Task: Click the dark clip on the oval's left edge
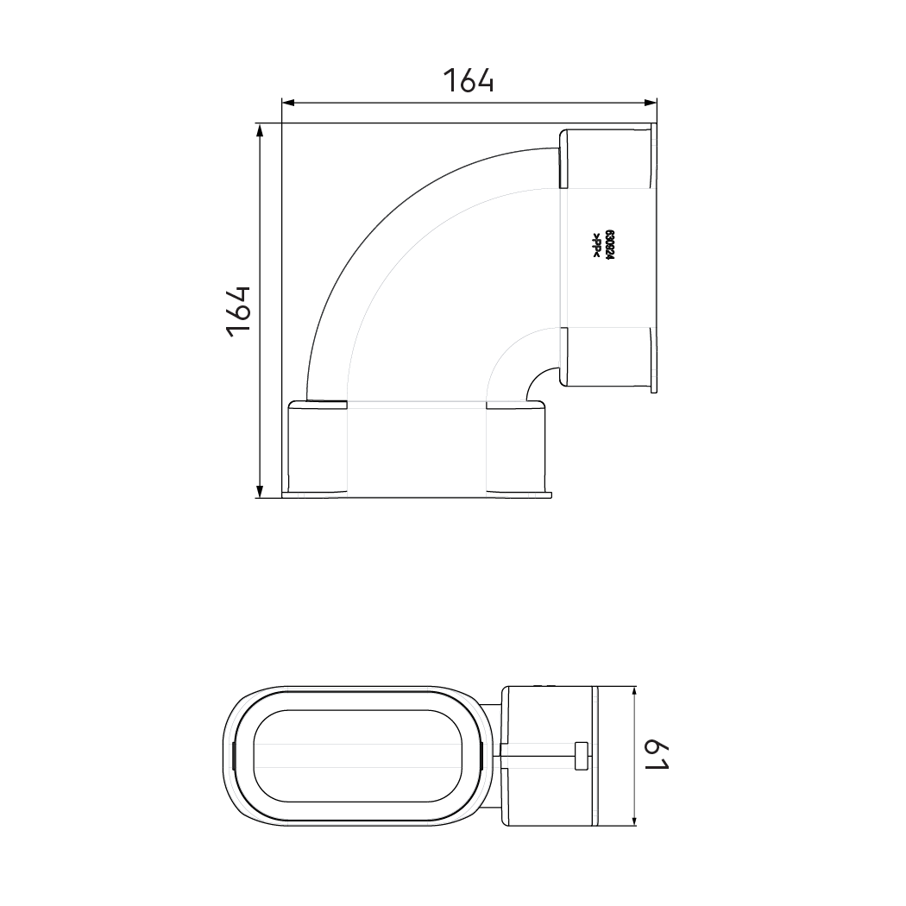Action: pyautogui.click(x=233, y=756)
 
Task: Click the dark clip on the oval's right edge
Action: pyautogui.click(x=481, y=756)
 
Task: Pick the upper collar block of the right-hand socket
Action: pyautogui.click(x=607, y=158)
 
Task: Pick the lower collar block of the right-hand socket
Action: pyautogui.click(x=607, y=358)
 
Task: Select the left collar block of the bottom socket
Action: pyautogui.click(x=317, y=448)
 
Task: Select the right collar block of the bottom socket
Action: pyautogui.click(x=518, y=448)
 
